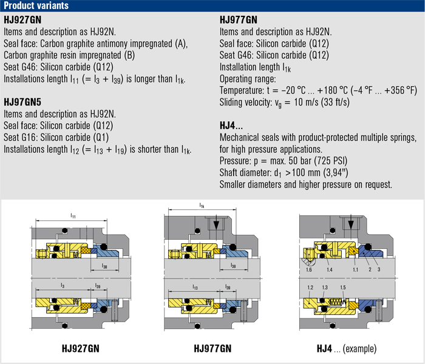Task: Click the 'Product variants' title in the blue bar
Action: [36, 5]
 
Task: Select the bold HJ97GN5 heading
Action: [22, 102]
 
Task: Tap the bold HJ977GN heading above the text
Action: [238, 20]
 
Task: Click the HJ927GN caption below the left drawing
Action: [81, 348]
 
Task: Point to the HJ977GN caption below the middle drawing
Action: [212, 348]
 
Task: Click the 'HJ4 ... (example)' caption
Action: [347, 349]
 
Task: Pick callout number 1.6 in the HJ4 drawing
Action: [308, 270]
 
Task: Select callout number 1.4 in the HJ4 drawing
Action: [329, 270]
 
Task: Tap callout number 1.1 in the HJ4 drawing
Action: [355, 270]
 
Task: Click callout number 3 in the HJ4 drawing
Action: [379, 269]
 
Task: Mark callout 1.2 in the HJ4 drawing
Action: [310, 288]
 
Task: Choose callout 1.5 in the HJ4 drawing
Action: [343, 288]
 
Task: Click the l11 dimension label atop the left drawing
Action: [73, 216]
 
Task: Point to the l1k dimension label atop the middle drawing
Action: [202, 206]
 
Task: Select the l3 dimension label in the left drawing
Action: [63, 286]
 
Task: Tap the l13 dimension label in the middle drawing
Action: [195, 287]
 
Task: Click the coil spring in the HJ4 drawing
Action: [338, 302]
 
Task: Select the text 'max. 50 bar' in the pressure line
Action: [291, 161]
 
